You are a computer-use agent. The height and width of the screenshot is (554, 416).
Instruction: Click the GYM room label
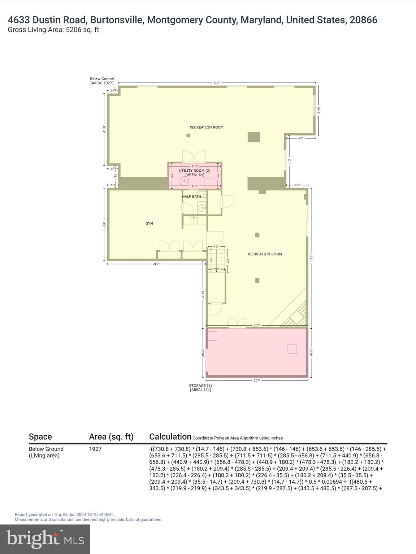[149, 223]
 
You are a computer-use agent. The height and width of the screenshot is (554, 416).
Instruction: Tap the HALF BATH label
[191, 197]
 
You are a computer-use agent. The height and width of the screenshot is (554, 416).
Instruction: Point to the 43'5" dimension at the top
[217, 83]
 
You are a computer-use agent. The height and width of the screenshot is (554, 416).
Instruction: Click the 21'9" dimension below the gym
[156, 264]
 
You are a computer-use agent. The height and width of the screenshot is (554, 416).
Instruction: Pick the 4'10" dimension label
[297, 185]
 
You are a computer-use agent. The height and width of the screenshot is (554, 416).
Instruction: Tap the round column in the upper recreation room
[188, 136]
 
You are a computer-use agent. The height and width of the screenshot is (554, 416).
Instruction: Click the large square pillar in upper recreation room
[254, 137]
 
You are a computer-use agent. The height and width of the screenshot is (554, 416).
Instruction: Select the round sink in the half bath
[203, 208]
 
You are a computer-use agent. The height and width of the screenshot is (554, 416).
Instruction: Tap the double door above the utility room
[194, 157]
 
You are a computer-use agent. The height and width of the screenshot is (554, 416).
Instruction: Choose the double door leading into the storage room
[237, 323]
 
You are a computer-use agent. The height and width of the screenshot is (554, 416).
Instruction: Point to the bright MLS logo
[45, 539]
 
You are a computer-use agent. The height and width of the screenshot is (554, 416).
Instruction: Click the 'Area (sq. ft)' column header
[111, 437]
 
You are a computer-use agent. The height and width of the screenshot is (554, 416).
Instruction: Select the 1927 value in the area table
[95, 449]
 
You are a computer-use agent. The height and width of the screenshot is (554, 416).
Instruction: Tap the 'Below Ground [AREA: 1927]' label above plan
[102, 81]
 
